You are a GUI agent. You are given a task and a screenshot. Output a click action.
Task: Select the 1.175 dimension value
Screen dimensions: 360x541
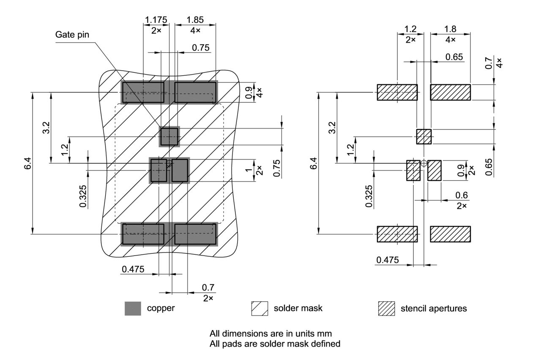coord(156,19)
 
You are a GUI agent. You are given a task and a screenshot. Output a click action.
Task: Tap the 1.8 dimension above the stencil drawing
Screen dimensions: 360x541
coord(450,29)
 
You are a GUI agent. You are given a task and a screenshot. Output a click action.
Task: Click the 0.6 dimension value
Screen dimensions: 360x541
coord(462,195)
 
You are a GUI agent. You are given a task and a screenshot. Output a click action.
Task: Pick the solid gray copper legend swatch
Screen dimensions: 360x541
coord(133,308)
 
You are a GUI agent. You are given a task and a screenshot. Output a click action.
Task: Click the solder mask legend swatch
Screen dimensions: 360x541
coord(260,308)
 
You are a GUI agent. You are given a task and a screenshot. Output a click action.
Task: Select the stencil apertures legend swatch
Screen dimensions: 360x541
coord(386,308)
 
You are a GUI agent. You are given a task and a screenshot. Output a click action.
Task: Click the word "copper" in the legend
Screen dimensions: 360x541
coord(161,308)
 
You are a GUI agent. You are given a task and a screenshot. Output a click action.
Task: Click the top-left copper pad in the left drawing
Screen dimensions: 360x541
coord(143,92)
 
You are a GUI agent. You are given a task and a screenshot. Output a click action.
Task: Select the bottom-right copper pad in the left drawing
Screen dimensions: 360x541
coord(195,234)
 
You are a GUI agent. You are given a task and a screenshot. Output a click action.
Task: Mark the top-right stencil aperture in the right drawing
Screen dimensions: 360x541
coord(450,92)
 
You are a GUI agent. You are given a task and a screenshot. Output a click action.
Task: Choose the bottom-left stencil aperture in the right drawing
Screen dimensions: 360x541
coord(397,234)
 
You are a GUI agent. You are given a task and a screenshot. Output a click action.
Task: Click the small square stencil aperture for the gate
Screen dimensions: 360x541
coord(424,137)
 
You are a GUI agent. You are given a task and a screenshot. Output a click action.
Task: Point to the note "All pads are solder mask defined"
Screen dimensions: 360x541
coord(275,344)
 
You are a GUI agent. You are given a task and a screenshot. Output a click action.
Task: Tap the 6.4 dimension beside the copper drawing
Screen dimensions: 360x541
coord(27,163)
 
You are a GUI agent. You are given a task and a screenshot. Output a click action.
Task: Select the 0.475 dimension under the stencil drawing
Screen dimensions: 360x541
coord(387,260)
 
